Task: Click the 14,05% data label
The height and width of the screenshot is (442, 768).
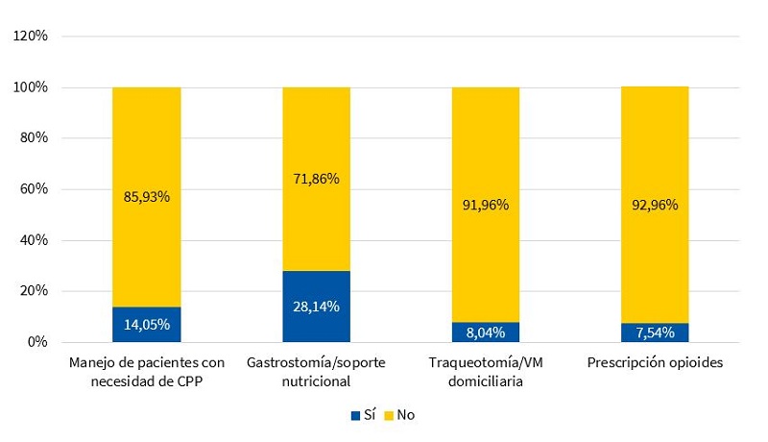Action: tap(147, 325)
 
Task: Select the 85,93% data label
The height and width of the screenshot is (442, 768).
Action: tap(147, 197)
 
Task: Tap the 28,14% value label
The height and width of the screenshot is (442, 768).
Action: tap(316, 307)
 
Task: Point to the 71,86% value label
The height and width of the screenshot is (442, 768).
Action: tap(316, 178)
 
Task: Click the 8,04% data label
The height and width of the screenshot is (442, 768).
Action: tap(486, 332)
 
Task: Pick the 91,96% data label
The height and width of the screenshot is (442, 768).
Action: tap(486, 205)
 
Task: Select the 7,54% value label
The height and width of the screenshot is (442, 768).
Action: tap(655, 332)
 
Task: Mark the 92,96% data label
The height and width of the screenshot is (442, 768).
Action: tap(655, 205)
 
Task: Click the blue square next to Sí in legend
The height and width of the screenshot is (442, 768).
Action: tap(354, 416)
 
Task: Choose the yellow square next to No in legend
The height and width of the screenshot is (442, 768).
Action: tap(389, 416)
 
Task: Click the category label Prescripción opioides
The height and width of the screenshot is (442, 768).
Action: tap(655, 363)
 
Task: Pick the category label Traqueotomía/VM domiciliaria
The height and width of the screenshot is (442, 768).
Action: tap(486, 372)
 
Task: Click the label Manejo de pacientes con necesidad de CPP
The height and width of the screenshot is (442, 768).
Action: tap(147, 372)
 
